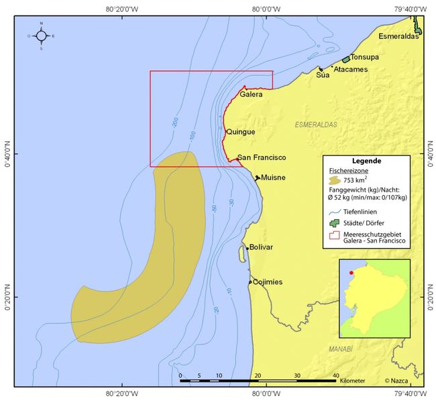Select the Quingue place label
[x=241, y=132]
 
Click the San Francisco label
[x=262, y=157]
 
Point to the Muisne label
[x=273, y=178]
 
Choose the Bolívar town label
[x=261, y=247]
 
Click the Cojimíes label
[x=268, y=282]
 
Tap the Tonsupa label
[x=365, y=57]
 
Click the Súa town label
[x=323, y=75]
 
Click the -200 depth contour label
[x=174, y=122]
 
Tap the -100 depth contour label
[x=193, y=136]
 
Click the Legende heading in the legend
[x=366, y=161]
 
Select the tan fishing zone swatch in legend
[x=335, y=180]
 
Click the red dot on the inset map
[x=351, y=273]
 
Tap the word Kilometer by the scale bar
[x=351, y=381]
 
